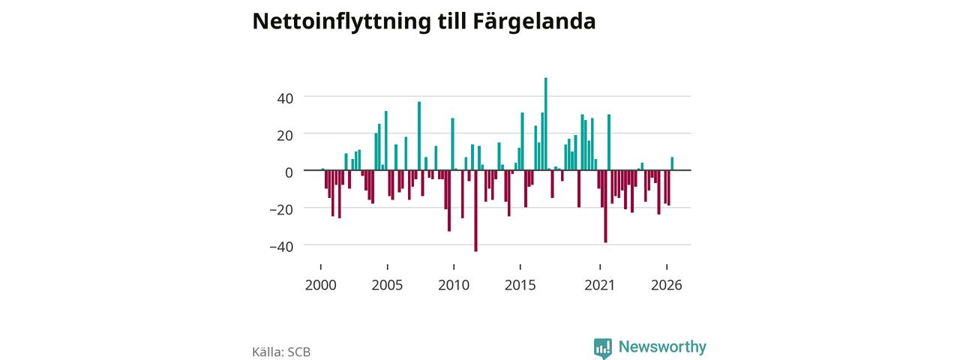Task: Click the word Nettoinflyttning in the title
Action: (341, 22)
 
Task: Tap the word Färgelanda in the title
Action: (534, 22)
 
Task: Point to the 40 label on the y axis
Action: (285, 98)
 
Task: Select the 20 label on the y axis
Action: (285, 136)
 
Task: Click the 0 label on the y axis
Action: (289, 172)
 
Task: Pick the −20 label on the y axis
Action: (281, 210)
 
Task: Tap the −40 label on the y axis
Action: (281, 247)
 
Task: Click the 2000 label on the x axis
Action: (320, 285)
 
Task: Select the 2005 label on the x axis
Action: (387, 285)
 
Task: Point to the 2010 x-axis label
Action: (454, 285)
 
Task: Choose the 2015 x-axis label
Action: (520, 285)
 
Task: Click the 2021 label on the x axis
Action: (599, 285)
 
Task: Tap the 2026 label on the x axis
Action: (667, 285)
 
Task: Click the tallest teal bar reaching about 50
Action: (545, 124)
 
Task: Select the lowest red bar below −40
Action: (475, 211)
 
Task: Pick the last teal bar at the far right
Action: (672, 163)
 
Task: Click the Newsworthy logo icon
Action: (602, 348)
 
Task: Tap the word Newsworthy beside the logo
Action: (662, 346)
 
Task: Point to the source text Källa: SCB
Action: (281, 352)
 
